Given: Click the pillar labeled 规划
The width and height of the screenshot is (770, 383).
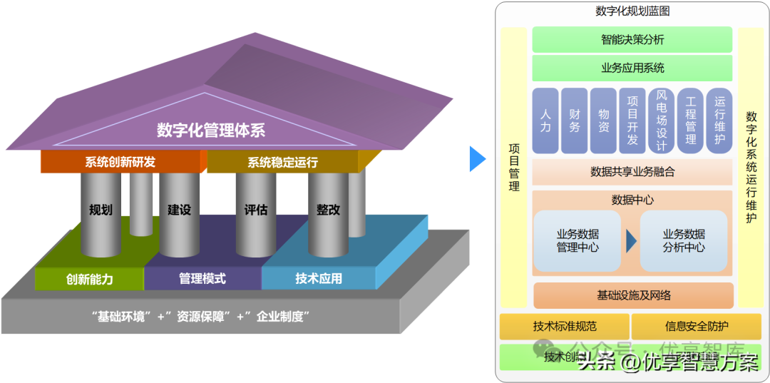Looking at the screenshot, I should (101, 211).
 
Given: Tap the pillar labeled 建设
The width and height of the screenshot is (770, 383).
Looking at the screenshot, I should (179, 211).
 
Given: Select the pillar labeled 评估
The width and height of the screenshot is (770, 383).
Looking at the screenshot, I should (256, 211).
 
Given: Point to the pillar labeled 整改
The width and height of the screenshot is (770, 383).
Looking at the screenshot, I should (328, 211).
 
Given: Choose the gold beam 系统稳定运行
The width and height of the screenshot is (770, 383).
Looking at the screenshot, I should (282, 163).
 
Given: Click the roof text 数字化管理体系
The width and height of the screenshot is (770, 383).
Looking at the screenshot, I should (211, 130).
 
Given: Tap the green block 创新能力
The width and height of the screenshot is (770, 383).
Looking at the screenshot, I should (89, 279).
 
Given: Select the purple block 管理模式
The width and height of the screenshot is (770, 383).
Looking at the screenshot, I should (202, 278).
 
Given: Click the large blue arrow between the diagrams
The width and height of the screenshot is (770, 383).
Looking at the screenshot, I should (477, 158).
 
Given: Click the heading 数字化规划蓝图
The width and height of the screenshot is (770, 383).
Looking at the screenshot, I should (632, 11).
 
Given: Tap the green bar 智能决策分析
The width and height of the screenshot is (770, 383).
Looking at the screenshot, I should (632, 40).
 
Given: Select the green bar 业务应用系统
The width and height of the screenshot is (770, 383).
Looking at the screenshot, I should (632, 68).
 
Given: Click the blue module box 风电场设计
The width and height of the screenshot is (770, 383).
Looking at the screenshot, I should (661, 121).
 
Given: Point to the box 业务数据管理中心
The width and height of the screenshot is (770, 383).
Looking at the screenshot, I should (577, 241).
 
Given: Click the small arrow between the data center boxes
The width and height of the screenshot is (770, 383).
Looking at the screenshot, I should (631, 241).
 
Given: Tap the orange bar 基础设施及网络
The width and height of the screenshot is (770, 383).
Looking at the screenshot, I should (633, 295).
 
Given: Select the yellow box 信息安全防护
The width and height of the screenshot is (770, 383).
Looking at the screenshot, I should (697, 327).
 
